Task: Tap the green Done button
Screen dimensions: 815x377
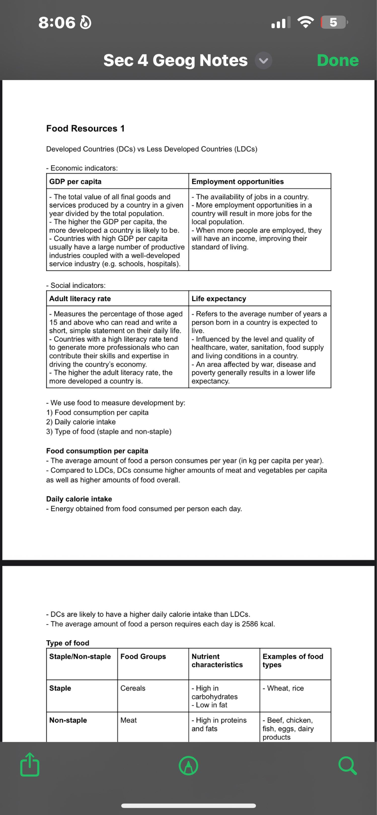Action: tap(338, 60)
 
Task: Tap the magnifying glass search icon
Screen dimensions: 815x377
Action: tap(348, 765)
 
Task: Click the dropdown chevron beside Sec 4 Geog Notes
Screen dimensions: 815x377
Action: tap(263, 60)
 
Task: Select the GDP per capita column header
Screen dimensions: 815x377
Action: tap(75, 182)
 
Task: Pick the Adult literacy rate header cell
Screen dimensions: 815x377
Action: tap(80, 299)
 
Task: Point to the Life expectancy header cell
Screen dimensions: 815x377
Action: tap(218, 299)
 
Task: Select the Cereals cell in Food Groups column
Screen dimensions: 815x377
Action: tap(133, 688)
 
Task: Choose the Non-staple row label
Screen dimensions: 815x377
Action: tap(68, 720)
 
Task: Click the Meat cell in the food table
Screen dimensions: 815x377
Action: tap(129, 720)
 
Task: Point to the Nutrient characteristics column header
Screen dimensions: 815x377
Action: tap(217, 661)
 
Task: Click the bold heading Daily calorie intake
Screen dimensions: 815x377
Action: tap(79, 499)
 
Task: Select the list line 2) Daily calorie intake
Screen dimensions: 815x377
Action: tap(81, 422)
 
